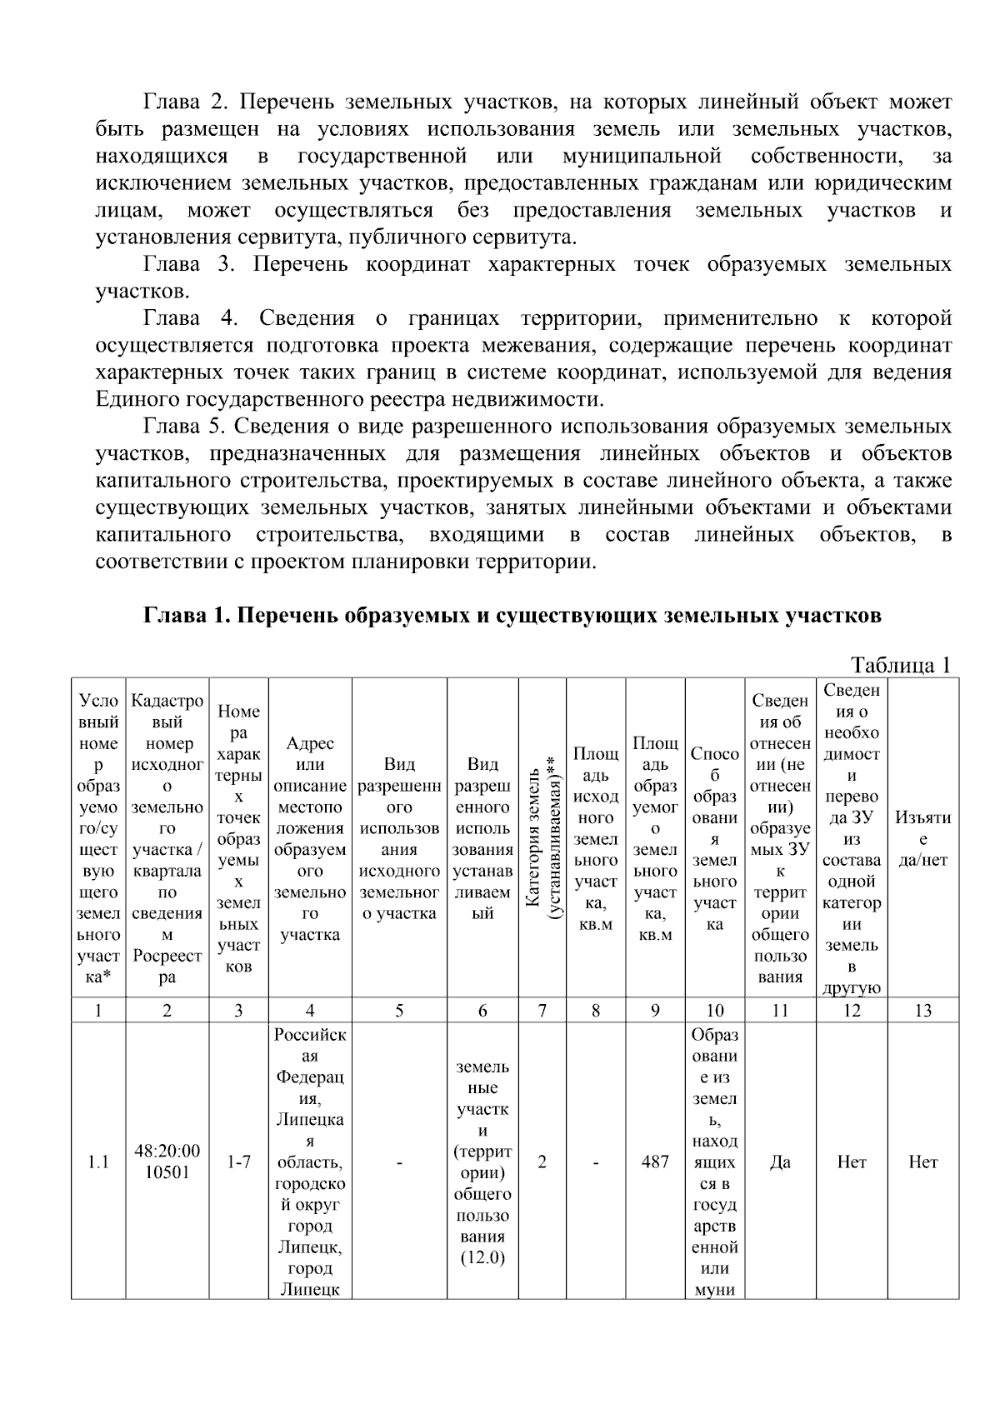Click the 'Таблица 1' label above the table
(x=900, y=665)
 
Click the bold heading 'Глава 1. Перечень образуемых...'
(x=512, y=616)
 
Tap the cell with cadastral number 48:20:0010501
(x=167, y=1162)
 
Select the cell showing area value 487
(x=655, y=1162)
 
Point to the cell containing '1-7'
(x=238, y=1162)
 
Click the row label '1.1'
(x=98, y=1162)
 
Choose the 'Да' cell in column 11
(x=780, y=1162)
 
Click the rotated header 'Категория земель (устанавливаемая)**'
(x=542, y=839)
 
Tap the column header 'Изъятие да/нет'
(x=922, y=839)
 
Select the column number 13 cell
(x=922, y=1011)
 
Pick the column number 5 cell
(x=399, y=1011)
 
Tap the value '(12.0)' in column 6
(x=482, y=1258)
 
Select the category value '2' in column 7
(x=542, y=1162)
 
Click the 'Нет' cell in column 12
(x=852, y=1162)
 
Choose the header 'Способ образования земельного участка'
(x=714, y=839)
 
